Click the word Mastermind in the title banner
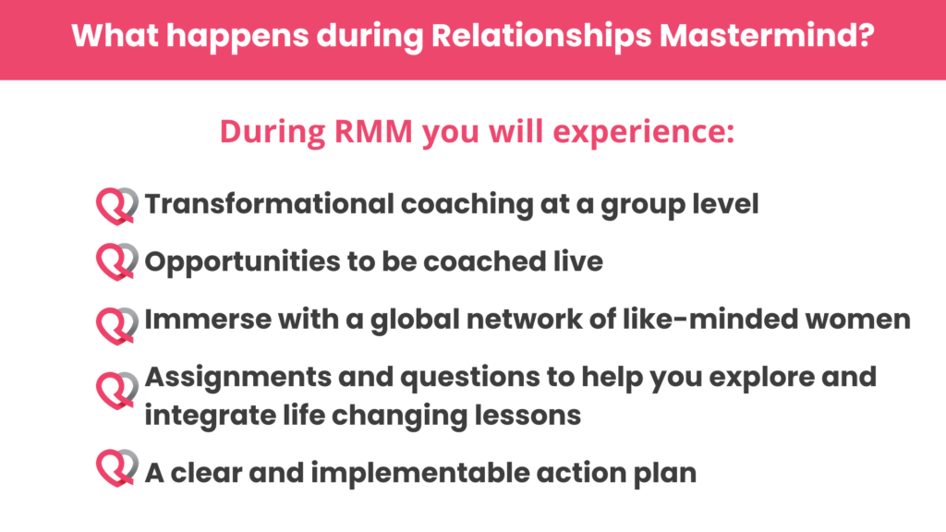pos(766,35)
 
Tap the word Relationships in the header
pos(541,36)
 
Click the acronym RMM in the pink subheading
pos(373,131)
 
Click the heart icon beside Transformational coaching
pos(116,206)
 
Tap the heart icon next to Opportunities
pos(116,261)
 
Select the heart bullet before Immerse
pos(116,326)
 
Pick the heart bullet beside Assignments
pos(116,391)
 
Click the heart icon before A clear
pos(116,467)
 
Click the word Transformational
pos(270,204)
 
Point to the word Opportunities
pos(243,263)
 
